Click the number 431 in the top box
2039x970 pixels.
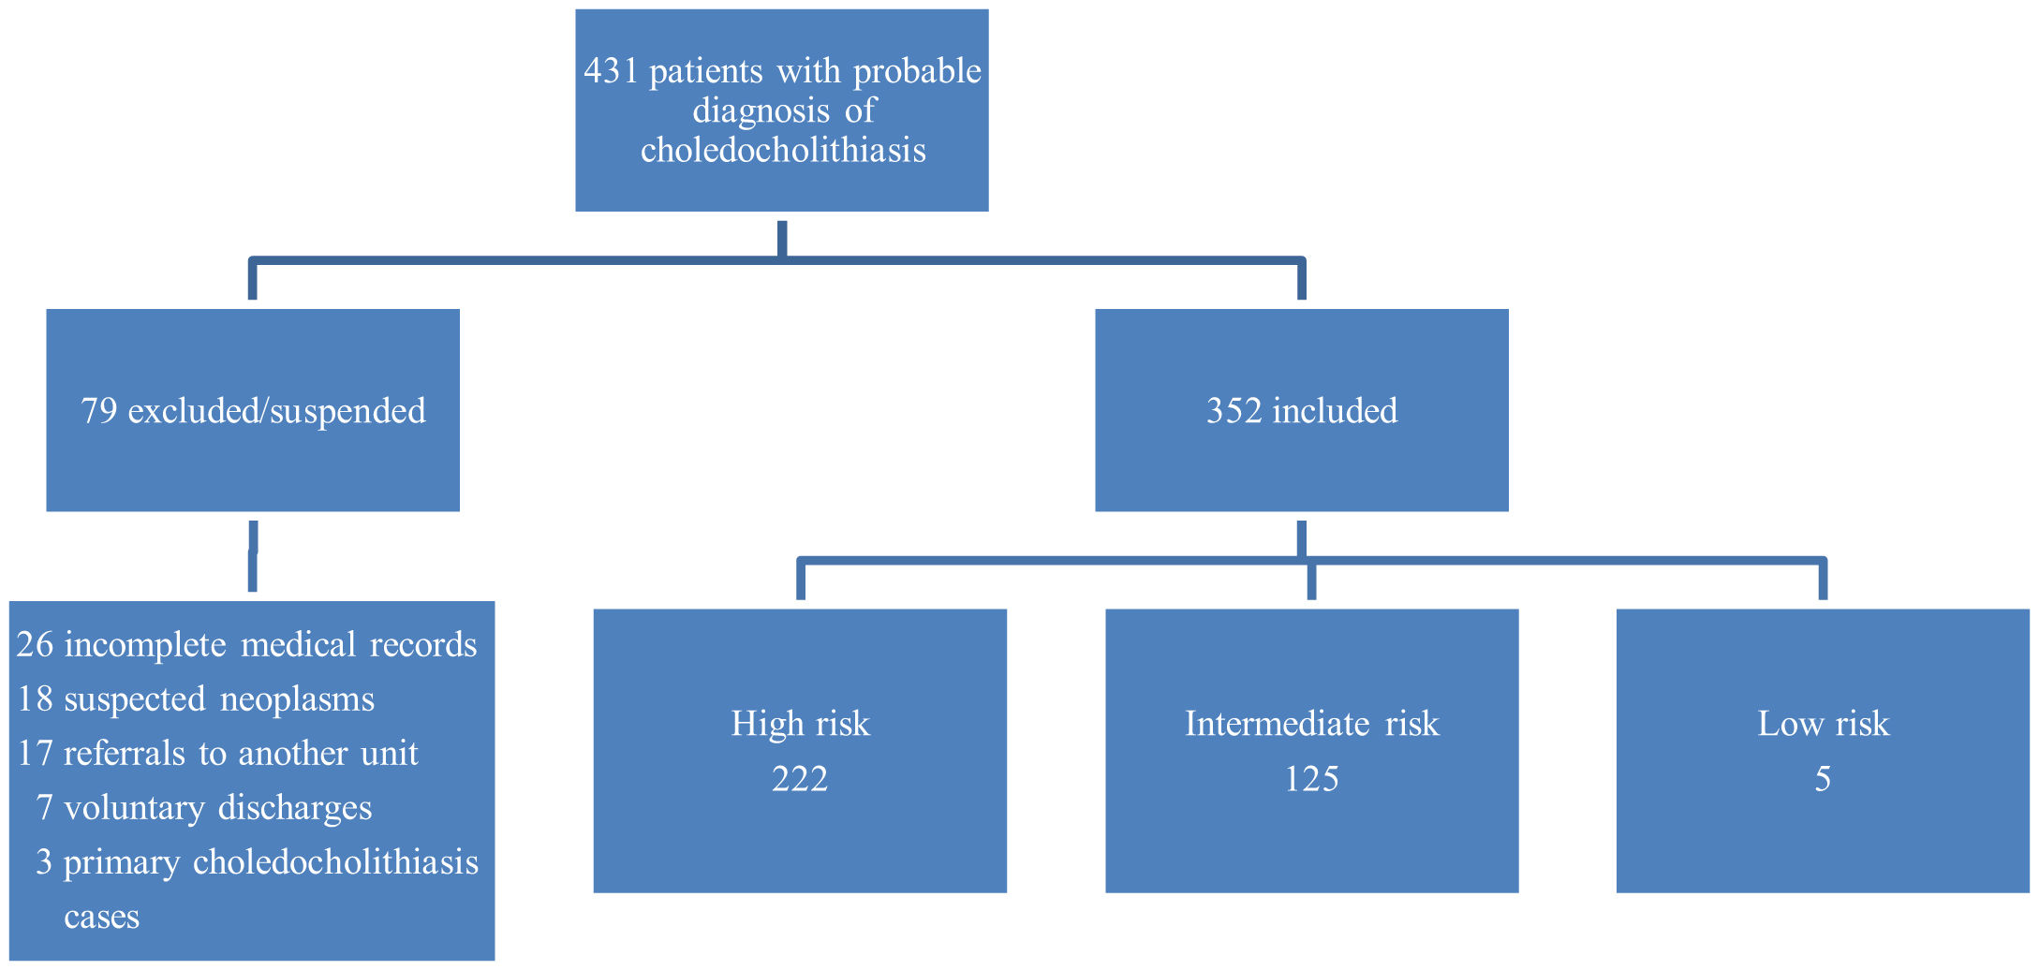pyautogui.click(x=611, y=71)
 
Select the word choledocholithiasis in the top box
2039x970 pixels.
pyautogui.click(x=783, y=150)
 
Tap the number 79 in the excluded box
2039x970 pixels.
pyautogui.click(x=98, y=411)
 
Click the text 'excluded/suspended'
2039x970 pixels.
pyautogui.click(x=276, y=411)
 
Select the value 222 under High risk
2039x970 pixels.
pyautogui.click(x=800, y=779)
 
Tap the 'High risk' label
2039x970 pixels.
pyautogui.click(x=800, y=724)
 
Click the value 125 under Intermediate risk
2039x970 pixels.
pyautogui.click(x=1311, y=779)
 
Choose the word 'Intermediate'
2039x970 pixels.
pyautogui.click(x=1278, y=724)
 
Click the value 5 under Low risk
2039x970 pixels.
pyautogui.click(x=1823, y=779)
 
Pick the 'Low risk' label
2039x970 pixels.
pyautogui.click(x=1823, y=724)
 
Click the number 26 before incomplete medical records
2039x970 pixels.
pyautogui.click(x=36, y=645)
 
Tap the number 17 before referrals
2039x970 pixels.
pyautogui.click(x=36, y=754)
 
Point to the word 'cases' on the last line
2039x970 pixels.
pyautogui.click(x=101, y=917)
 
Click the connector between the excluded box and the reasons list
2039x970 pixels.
pyautogui.click(x=253, y=556)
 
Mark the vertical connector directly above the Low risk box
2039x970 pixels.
pyautogui.click(x=1823, y=581)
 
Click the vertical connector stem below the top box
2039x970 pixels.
pyautogui.click(x=782, y=238)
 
